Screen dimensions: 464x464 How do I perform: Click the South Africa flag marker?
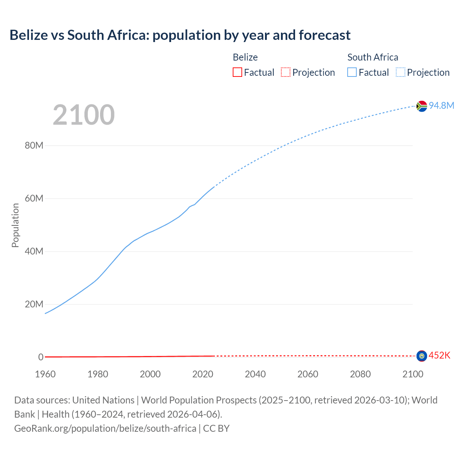[x=422, y=106]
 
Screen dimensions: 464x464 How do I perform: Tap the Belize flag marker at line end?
[x=422, y=356]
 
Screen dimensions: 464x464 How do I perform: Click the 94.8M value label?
[x=441, y=105]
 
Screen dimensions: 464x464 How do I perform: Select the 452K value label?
[x=439, y=356]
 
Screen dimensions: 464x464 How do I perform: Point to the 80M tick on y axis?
[x=34, y=146]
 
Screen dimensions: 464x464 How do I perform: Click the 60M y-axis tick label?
[x=34, y=199]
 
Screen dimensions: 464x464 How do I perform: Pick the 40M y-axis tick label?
[x=34, y=252]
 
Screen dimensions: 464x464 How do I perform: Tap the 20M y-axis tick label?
[x=34, y=304]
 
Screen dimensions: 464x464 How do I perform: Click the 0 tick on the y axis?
[x=41, y=357]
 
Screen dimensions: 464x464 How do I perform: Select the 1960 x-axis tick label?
[x=45, y=374]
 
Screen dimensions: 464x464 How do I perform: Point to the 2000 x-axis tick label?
[x=150, y=374]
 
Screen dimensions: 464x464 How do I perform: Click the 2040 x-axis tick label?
[x=255, y=374]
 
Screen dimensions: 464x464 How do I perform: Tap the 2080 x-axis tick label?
[x=360, y=374]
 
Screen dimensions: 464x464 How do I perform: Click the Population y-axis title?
[x=15, y=225]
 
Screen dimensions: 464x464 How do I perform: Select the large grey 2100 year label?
[x=84, y=115]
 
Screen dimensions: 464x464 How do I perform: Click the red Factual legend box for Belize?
[x=237, y=72]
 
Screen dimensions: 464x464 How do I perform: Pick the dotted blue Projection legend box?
[x=400, y=72]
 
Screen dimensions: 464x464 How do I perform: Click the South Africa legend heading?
[x=373, y=57]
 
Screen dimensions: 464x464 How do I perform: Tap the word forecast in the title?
[x=324, y=35]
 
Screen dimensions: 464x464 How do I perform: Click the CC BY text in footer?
[x=216, y=428]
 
